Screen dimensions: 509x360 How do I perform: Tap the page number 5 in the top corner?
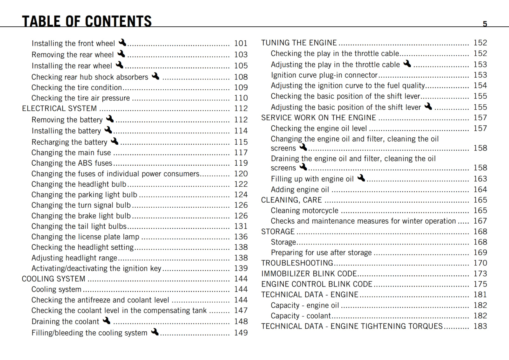point(485,24)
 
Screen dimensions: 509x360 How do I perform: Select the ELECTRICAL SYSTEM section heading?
point(59,108)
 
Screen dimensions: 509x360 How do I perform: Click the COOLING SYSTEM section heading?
point(53,279)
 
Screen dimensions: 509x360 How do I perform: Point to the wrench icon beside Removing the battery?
point(110,119)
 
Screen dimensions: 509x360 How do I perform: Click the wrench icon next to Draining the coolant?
point(107,321)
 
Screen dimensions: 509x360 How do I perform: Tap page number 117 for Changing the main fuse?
point(241,153)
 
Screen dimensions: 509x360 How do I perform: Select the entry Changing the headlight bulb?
point(79,184)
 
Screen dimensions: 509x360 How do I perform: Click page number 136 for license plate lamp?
point(241,237)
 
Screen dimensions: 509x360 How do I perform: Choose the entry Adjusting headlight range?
point(74,258)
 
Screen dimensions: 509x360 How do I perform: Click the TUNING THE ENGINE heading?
point(299,43)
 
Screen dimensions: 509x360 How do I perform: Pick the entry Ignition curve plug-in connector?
point(324,75)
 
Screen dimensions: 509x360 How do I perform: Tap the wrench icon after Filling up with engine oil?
point(361,178)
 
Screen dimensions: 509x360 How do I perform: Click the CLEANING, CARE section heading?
point(291,200)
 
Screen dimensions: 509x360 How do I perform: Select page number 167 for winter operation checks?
point(480,221)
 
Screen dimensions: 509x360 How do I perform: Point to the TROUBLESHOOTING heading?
point(297,263)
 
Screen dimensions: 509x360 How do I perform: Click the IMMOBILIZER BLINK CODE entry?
point(309,274)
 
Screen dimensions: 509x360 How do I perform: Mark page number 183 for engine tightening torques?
point(480,326)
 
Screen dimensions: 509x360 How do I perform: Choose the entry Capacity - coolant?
point(301,316)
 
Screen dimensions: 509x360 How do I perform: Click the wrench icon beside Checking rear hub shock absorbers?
point(156,76)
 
